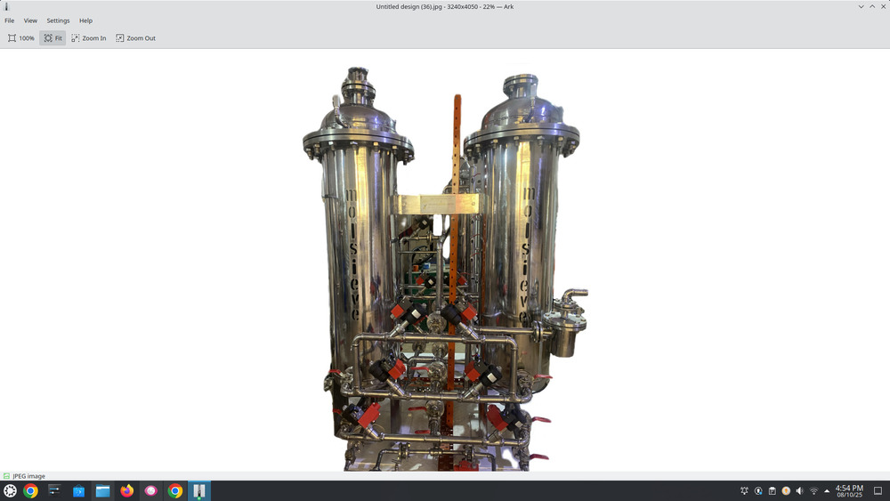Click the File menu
click(10, 20)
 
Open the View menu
click(30, 20)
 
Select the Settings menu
click(58, 20)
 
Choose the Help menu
click(85, 20)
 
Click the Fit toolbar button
click(53, 38)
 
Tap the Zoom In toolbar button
click(89, 38)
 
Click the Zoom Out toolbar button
click(135, 38)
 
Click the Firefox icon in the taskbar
click(126, 490)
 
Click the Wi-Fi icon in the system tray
click(813, 490)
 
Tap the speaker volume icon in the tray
click(799, 490)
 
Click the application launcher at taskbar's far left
click(10, 490)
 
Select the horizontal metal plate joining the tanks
click(438, 205)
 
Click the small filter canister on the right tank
click(563, 334)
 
